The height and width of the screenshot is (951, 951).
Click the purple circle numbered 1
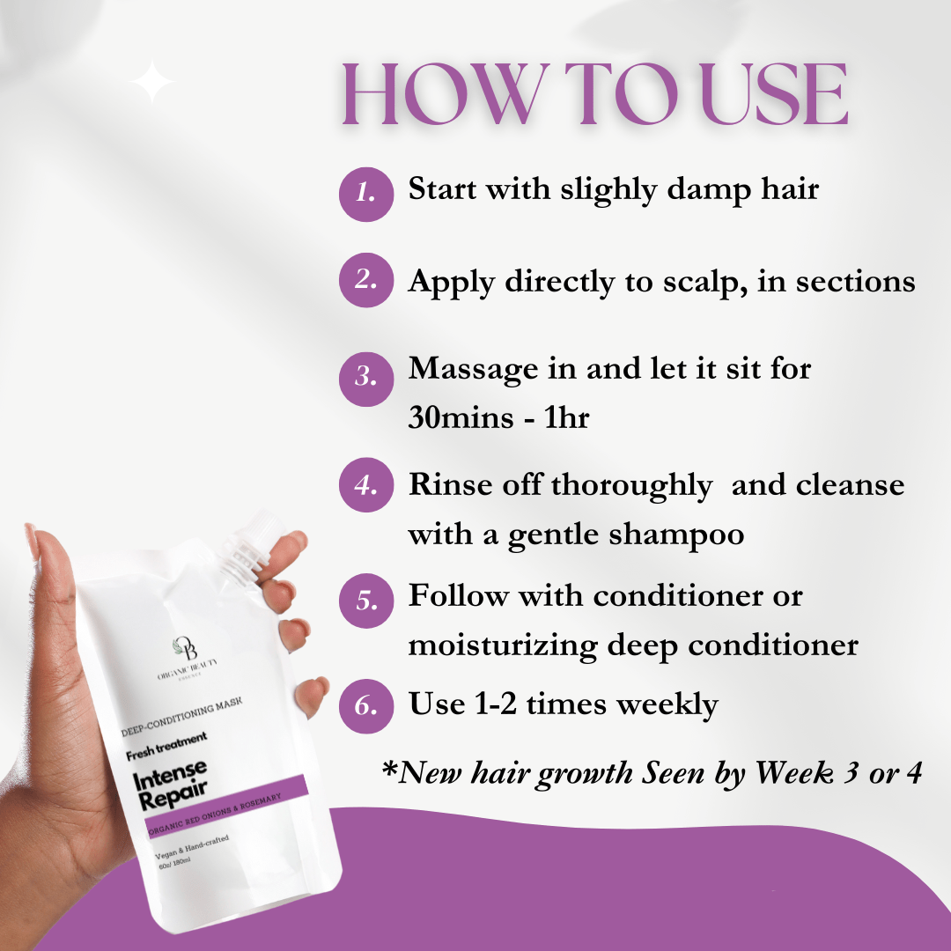pyautogui.click(x=366, y=194)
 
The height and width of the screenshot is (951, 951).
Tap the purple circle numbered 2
pyautogui.click(x=366, y=280)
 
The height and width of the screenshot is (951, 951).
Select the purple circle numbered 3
pyautogui.click(x=366, y=379)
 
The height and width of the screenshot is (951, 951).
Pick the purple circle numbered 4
pyautogui.click(x=366, y=484)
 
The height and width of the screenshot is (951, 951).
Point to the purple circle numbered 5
pyautogui.click(x=366, y=601)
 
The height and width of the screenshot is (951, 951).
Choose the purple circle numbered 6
pyautogui.click(x=366, y=706)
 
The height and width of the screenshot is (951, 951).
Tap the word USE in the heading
pyautogui.click(x=774, y=94)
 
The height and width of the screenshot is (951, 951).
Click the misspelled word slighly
pyautogui.click(x=608, y=190)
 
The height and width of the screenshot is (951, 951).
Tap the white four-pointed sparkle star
pyautogui.click(x=152, y=82)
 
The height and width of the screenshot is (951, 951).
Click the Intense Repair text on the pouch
pyautogui.click(x=171, y=785)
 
